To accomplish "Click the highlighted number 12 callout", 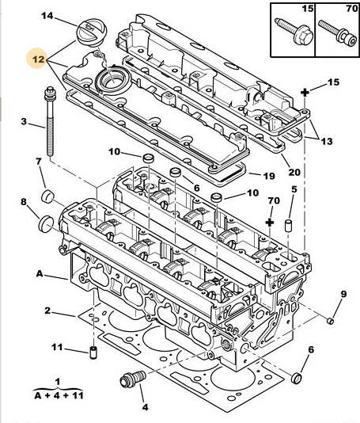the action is click(38, 59).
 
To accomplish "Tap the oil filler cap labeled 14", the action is click(92, 34).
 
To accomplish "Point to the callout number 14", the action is click(47, 16).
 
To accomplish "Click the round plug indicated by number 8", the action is click(47, 223).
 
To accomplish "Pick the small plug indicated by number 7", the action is click(47, 196).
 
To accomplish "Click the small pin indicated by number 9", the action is click(330, 321).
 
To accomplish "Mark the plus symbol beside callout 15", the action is click(305, 93).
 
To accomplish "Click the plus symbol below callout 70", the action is click(270, 223).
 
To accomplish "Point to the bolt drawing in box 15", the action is click(294, 32).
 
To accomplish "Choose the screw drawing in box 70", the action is click(337, 33).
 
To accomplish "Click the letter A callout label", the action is click(40, 274).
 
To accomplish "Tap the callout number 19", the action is click(269, 176).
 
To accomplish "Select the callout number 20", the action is click(294, 172).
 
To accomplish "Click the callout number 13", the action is click(326, 141).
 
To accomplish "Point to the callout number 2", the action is click(47, 311).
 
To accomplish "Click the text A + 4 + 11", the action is click(59, 396).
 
